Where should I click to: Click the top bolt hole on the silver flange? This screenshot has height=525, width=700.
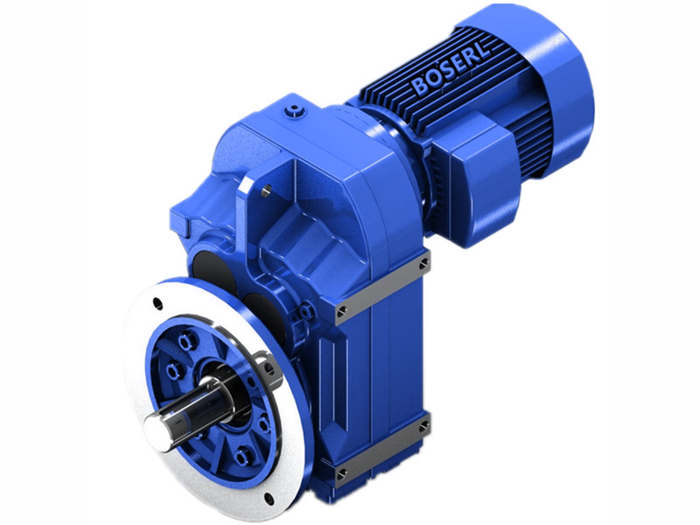157,304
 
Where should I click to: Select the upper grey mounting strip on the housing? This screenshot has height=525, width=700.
382,285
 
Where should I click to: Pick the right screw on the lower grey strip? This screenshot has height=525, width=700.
423,426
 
